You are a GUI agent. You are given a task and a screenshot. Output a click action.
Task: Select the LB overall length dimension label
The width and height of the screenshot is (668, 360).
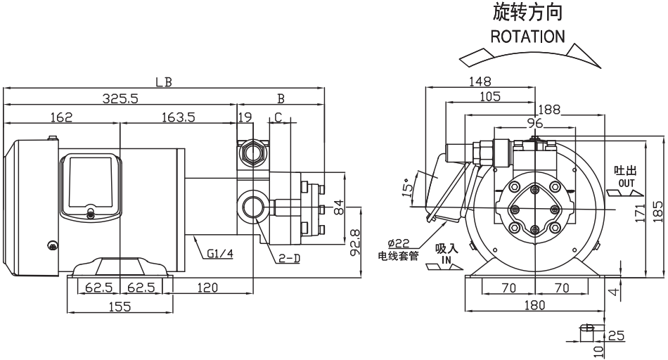pyautogui.click(x=164, y=82)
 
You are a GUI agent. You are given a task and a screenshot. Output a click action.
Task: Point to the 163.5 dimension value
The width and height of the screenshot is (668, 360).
pyautogui.click(x=179, y=117)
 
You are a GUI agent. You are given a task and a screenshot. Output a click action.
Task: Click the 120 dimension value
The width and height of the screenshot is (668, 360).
pyautogui.click(x=207, y=288)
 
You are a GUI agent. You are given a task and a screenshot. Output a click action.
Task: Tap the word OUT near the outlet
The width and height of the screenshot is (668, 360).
pyautogui.click(x=627, y=183)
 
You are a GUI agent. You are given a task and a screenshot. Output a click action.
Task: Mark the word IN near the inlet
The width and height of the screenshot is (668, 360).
pyautogui.click(x=446, y=259)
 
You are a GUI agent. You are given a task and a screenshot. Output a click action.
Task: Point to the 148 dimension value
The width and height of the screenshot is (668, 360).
pyautogui.click(x=481, y=81)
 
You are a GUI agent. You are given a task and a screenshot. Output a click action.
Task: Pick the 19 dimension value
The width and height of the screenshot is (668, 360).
pyautogui.click(x=244, y=117)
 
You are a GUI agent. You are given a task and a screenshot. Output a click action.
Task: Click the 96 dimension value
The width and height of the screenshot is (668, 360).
pyautogui.click(x=534, y=123)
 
